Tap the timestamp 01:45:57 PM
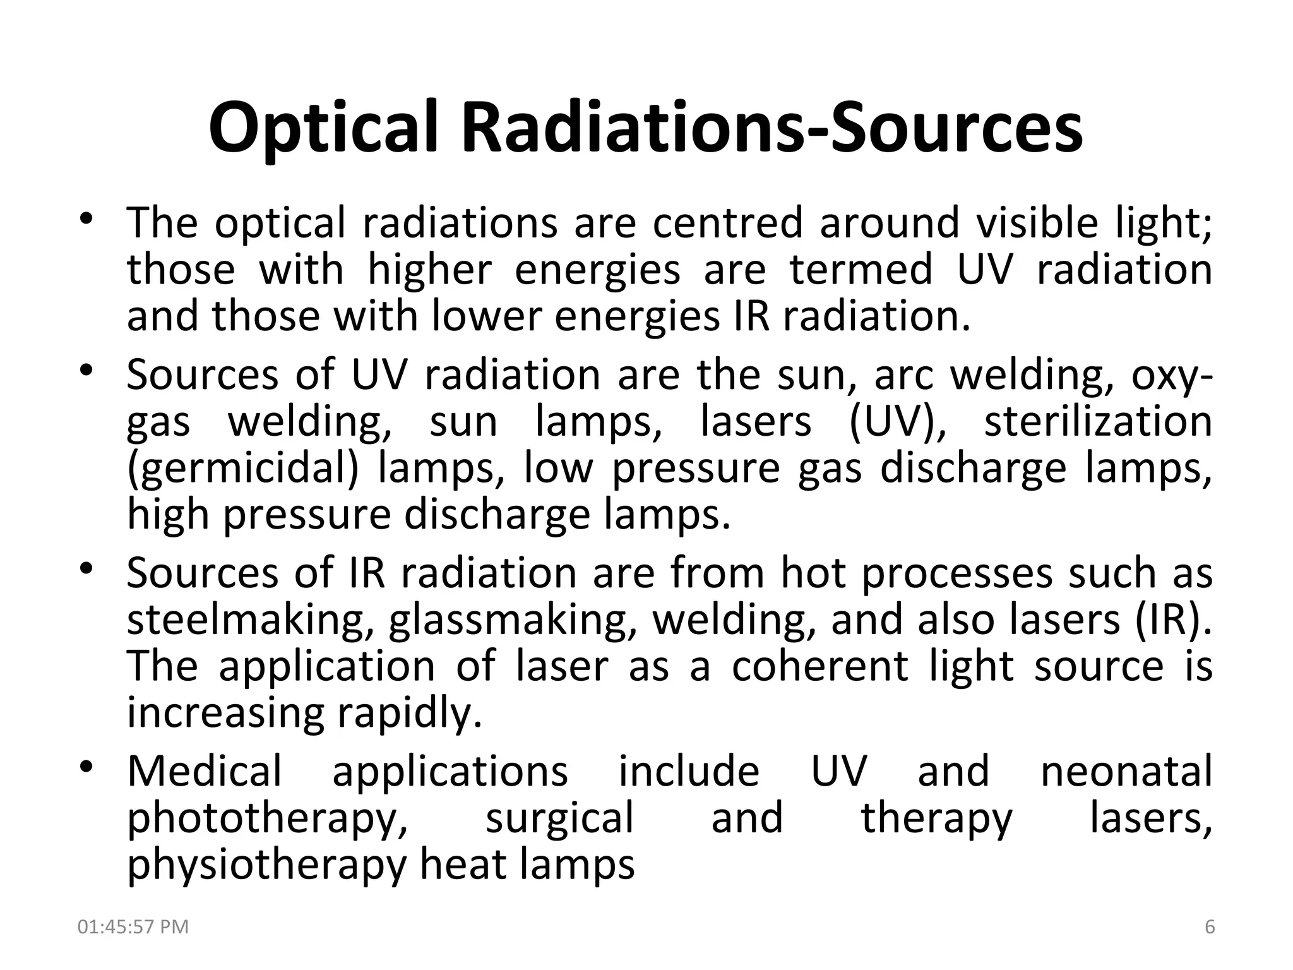click(x=133, y=926)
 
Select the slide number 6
click(x=1210, y=926)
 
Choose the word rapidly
click(x=410, y=713)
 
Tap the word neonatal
click(x=1126, y=771)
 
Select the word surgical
click(x=559, y=818)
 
